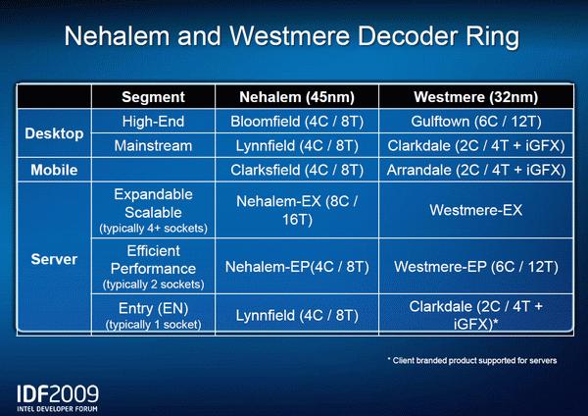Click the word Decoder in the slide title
[408, 36]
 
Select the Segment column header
[153, 97]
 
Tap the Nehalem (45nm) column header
[297, 97]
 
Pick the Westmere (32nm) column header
[476, 97]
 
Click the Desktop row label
[54, 133]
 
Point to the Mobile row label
[54, 170]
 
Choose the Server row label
[54, 259]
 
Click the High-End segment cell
[153, 122]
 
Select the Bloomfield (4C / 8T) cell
[297, 122]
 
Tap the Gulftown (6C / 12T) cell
[476, 122]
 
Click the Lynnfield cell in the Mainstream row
[297, 145]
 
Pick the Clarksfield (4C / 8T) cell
[297, 170]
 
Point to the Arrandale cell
[476, 170]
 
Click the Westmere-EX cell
[476, 210]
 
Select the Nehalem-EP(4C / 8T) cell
[297, 267]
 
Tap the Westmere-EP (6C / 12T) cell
[476, 267]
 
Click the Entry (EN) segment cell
[153, 315]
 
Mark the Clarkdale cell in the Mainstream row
[476, 145]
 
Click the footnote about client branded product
[472, 360]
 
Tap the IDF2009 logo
[58, 398]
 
